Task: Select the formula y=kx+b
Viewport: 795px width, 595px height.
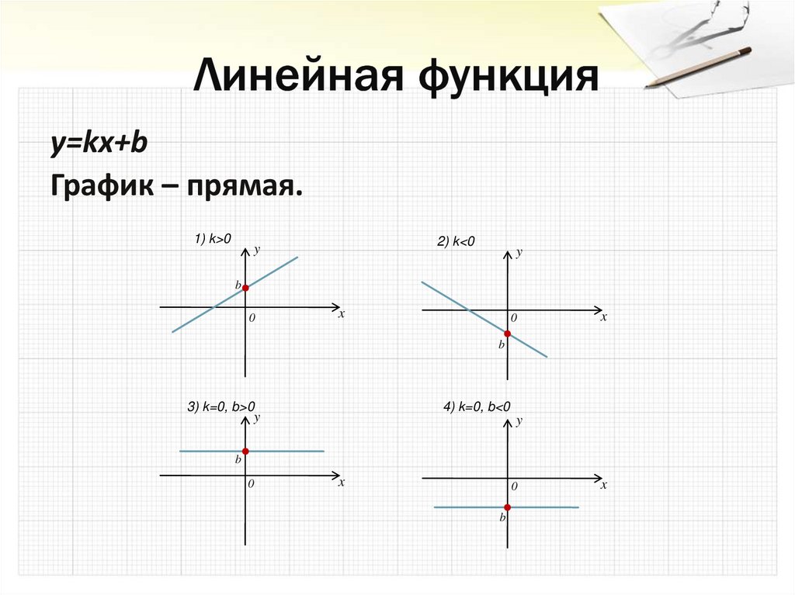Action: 99,144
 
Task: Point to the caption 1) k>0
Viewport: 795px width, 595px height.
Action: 214,240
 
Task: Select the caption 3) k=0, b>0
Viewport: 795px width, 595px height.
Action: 221,406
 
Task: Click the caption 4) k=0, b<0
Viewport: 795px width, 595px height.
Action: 477,406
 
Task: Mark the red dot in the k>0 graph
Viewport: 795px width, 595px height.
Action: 245,288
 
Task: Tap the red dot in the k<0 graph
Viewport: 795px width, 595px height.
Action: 507,334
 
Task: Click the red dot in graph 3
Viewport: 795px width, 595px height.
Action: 245,451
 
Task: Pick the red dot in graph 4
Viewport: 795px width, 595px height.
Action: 507,507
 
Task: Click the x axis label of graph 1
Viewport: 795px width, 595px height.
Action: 341,314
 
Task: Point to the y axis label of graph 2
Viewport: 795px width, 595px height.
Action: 519,253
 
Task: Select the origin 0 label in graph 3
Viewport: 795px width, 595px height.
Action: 252,483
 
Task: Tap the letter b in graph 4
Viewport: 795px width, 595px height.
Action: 502,517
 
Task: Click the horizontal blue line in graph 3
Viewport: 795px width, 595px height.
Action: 295,451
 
